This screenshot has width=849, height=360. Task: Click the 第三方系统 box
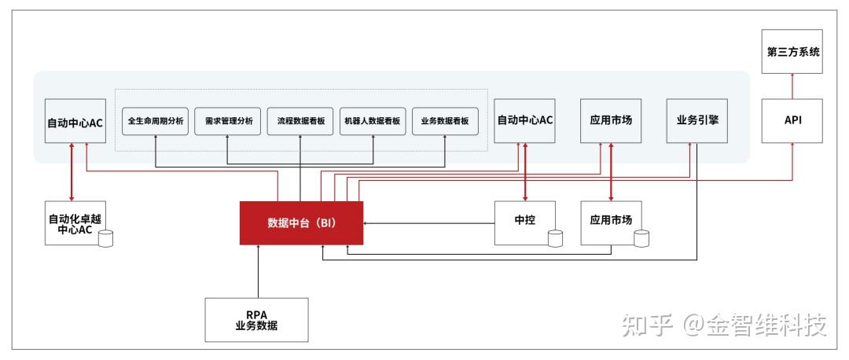(x=792, y=52)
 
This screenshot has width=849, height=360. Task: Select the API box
(x=792, y=121)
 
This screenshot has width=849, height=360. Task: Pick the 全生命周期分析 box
(x=156, y=122)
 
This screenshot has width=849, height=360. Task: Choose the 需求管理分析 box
(x=228, y=122)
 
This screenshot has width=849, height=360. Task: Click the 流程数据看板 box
(x=300, y=122)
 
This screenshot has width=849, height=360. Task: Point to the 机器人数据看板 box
(x=373, y=122)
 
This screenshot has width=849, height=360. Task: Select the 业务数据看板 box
(x=445, y=122)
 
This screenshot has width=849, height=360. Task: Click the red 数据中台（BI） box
(x=301, y=223)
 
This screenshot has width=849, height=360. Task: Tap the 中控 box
(x=524, y=222)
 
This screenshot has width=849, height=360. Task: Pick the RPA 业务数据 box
(x=256, y=320)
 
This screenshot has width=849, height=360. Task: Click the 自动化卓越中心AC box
(x=75, y=223)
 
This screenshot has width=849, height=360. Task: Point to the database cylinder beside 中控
(x=556, y=238)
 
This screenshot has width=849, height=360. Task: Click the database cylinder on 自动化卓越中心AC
(x=105, y=237)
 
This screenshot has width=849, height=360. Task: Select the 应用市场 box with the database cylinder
(x=611, y=222)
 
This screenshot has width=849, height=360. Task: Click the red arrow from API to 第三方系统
(x=792, y=86)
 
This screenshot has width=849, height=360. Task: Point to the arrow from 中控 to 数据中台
(x=428, y=223)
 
